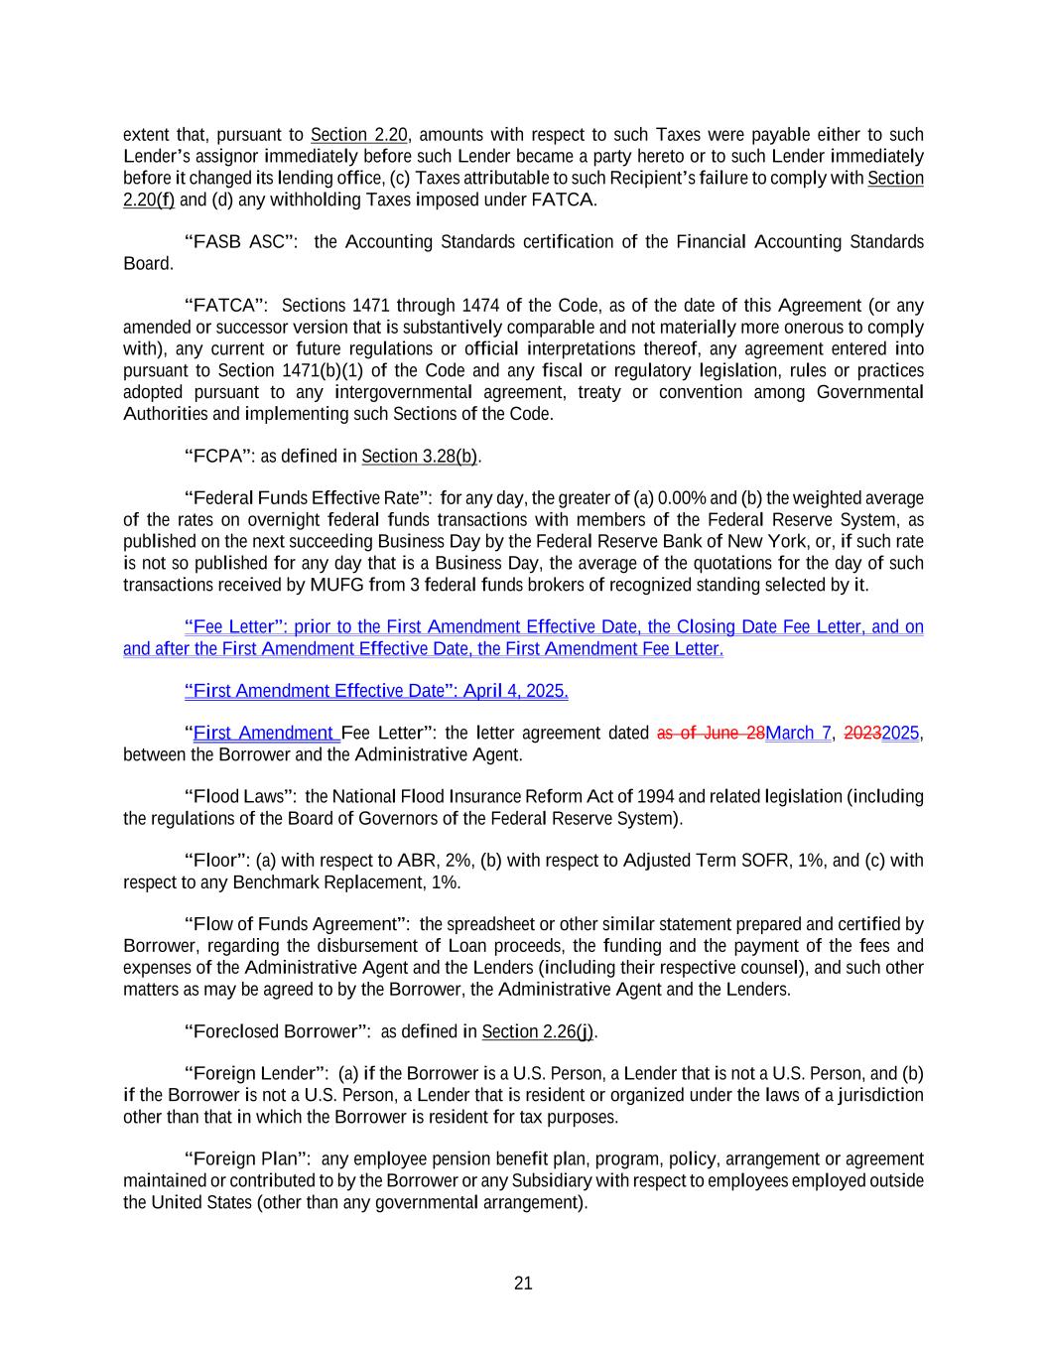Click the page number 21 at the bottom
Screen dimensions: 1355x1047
[523, 1284]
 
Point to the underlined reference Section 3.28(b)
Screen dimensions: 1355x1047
[420, 457]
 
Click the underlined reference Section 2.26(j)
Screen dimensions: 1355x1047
[537, 1032]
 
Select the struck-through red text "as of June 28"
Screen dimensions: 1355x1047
[711, 734]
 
